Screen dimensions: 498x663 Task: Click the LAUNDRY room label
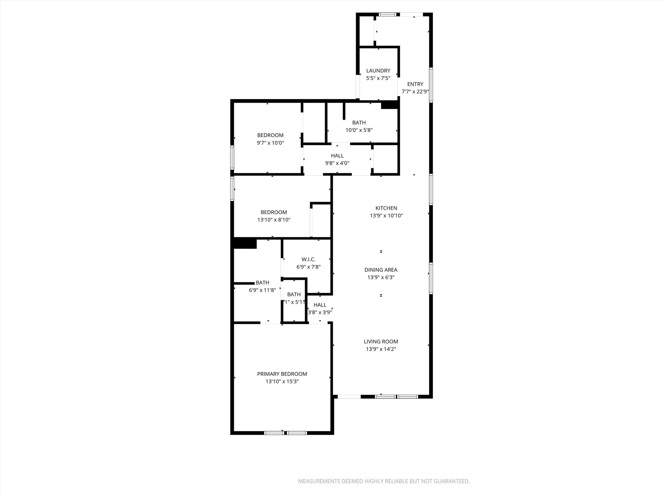tap(378, 70)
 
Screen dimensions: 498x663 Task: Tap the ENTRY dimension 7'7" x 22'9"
tap(415, 92)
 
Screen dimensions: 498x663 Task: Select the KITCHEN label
tap(386, 208)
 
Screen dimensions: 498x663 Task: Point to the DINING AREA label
tap(381, 270)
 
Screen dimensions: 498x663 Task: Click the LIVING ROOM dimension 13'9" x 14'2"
tap(381, 349)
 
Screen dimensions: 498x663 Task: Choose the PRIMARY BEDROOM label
tap(282, 374)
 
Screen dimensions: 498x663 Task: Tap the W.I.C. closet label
tap(308, 259)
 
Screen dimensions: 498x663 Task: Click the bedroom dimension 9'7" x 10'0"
tap(270, 143)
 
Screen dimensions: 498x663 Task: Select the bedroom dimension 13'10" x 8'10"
tap(274, 220)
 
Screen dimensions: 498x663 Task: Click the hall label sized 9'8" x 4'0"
tap(337, 156)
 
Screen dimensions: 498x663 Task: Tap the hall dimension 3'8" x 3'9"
tap(320, 313)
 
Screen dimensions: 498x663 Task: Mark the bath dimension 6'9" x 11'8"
tap(262, 290)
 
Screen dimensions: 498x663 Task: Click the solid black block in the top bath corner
tap(389, 105)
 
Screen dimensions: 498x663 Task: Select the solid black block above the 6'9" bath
tap(245, 243)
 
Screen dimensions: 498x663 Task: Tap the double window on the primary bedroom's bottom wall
tap(285, 433)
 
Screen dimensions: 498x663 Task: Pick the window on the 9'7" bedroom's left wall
tap(232, 157)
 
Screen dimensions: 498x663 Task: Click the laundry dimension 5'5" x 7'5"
tap(378, 78)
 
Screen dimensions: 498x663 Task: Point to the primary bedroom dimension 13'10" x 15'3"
tap(282, 382)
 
